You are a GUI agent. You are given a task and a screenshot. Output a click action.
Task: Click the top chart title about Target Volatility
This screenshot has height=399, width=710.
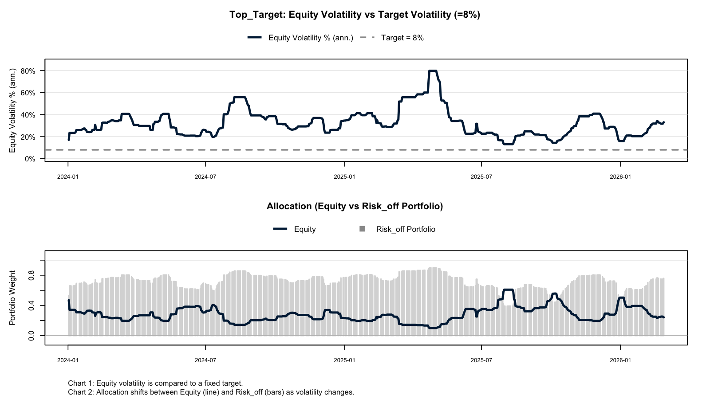pyautogui.click(x=355, y=15)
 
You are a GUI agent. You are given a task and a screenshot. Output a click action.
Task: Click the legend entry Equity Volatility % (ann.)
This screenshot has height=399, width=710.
pyautogui.click(x=310, y=38)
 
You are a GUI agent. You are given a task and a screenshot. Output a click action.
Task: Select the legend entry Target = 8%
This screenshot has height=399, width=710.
pyautogui.click(x=402, y=38)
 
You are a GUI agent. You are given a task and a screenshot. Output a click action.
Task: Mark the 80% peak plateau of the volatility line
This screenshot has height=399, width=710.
pyautogui.click(x=433, y=71)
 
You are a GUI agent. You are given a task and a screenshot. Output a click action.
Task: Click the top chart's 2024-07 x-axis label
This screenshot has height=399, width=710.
pyautogui.click(x=205, y=176)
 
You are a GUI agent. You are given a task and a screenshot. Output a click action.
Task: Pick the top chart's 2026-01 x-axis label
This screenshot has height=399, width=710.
pyautogui.click(x=620, y=176)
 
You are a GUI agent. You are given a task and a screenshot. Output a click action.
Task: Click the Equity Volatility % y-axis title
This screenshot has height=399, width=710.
pyautogui.click(x=13, y=110)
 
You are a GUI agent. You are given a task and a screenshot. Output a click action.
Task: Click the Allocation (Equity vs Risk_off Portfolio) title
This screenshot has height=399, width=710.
pyautogui.click(x=355, y=206)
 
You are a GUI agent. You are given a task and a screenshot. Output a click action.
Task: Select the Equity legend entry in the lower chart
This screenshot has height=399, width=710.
pyautogui.click(x=305, y=229)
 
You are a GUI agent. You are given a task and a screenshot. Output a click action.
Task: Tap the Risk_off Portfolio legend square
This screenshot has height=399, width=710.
pyautogui.click(x=362, y=229)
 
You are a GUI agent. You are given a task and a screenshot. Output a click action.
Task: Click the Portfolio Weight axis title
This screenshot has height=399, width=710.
pyautogui.click(x=13, y=297)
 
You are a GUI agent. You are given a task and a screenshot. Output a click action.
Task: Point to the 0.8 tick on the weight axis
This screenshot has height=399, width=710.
pyautogui.click(x=32, y=275)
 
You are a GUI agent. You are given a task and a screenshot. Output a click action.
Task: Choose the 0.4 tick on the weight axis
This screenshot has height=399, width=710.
pyautogui.click(x=32, y=305)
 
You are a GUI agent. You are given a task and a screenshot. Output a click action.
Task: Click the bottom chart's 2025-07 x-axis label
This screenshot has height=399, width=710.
pyautogui.click(x=481, y=360)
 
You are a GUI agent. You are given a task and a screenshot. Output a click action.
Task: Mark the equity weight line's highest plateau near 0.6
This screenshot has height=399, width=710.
pyautogui.click(x=509, y=289)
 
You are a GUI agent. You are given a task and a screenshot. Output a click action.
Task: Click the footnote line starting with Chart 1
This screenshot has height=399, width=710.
pyautogui.click(x=155, y=383)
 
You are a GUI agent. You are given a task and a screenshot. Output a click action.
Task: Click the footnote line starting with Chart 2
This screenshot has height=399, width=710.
pyautogui.click(x=211, y=392)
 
